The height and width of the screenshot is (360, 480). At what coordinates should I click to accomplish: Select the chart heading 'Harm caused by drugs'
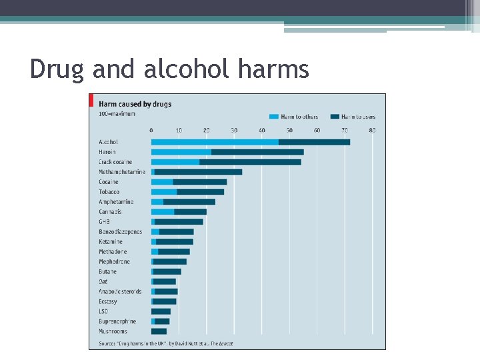click(135, 104)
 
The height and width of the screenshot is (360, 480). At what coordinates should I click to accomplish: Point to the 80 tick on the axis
click(372, 130)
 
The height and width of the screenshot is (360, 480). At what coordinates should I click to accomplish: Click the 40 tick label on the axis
click(261, 130)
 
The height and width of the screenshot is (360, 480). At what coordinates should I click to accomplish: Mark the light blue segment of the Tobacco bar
click(164, 192)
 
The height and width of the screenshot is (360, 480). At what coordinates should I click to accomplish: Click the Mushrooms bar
click(159, 331)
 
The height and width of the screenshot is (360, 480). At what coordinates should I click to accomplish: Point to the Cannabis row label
click(110, 212)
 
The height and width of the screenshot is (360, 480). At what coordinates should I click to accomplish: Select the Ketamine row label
click(111, 242)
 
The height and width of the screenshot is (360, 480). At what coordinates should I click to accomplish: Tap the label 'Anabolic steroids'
click(119, 291)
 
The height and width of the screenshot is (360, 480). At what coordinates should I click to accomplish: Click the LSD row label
click(103, 311)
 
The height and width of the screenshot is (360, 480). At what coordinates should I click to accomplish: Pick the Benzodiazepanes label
click(121, 232)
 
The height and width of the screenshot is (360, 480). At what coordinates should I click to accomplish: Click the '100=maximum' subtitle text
click(117, 114)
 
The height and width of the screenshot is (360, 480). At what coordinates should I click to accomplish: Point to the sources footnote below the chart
click(166, 344)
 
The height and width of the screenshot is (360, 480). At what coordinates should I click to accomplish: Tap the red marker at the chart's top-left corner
click(91, 100)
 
